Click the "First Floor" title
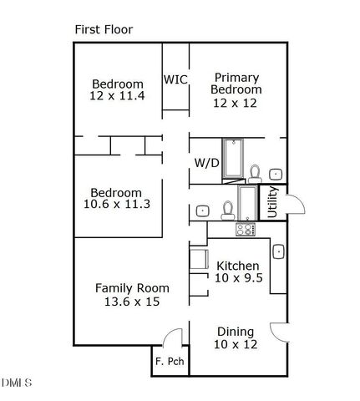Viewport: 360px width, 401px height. [104, 29]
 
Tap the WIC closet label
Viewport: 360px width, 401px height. [175, 79]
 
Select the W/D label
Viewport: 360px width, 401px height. [206, 162]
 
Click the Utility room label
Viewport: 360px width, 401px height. [272, 202]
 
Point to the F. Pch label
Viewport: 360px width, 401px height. [170, 362]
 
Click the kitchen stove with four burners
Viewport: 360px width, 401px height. [245, 229]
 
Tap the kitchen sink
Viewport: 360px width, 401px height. [278, 250]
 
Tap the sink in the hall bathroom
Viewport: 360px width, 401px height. [202, 211]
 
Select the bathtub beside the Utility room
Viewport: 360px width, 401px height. [247, 202]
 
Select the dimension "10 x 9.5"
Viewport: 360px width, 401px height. [238, 278]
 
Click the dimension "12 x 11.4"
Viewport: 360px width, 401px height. [118, 96]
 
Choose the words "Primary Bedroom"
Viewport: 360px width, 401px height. [236, 83]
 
